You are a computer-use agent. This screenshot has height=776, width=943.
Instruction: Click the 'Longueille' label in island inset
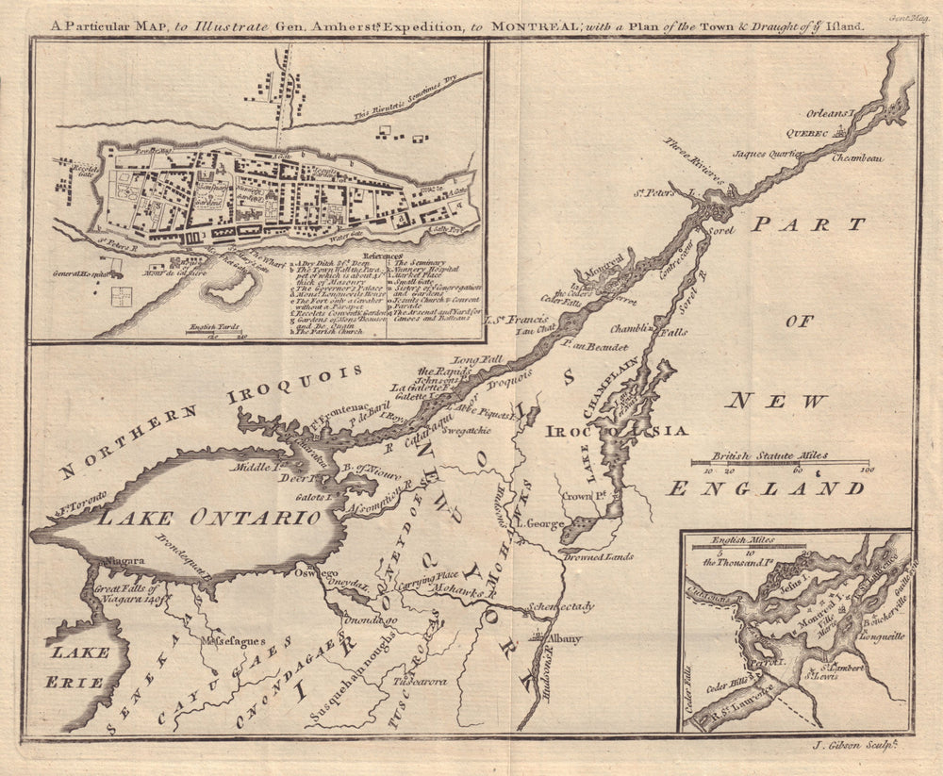coord(882,636)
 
